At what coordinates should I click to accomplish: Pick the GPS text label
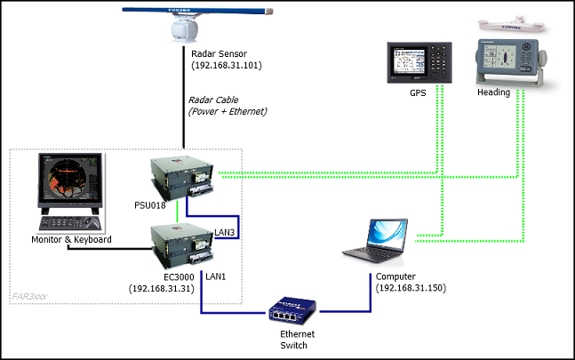(x=419, y=92)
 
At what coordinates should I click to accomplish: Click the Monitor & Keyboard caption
(x=71, y=240)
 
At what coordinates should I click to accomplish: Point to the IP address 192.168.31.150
(x=411, y=289)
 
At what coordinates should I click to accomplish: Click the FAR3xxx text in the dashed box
(x=32, y=294)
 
